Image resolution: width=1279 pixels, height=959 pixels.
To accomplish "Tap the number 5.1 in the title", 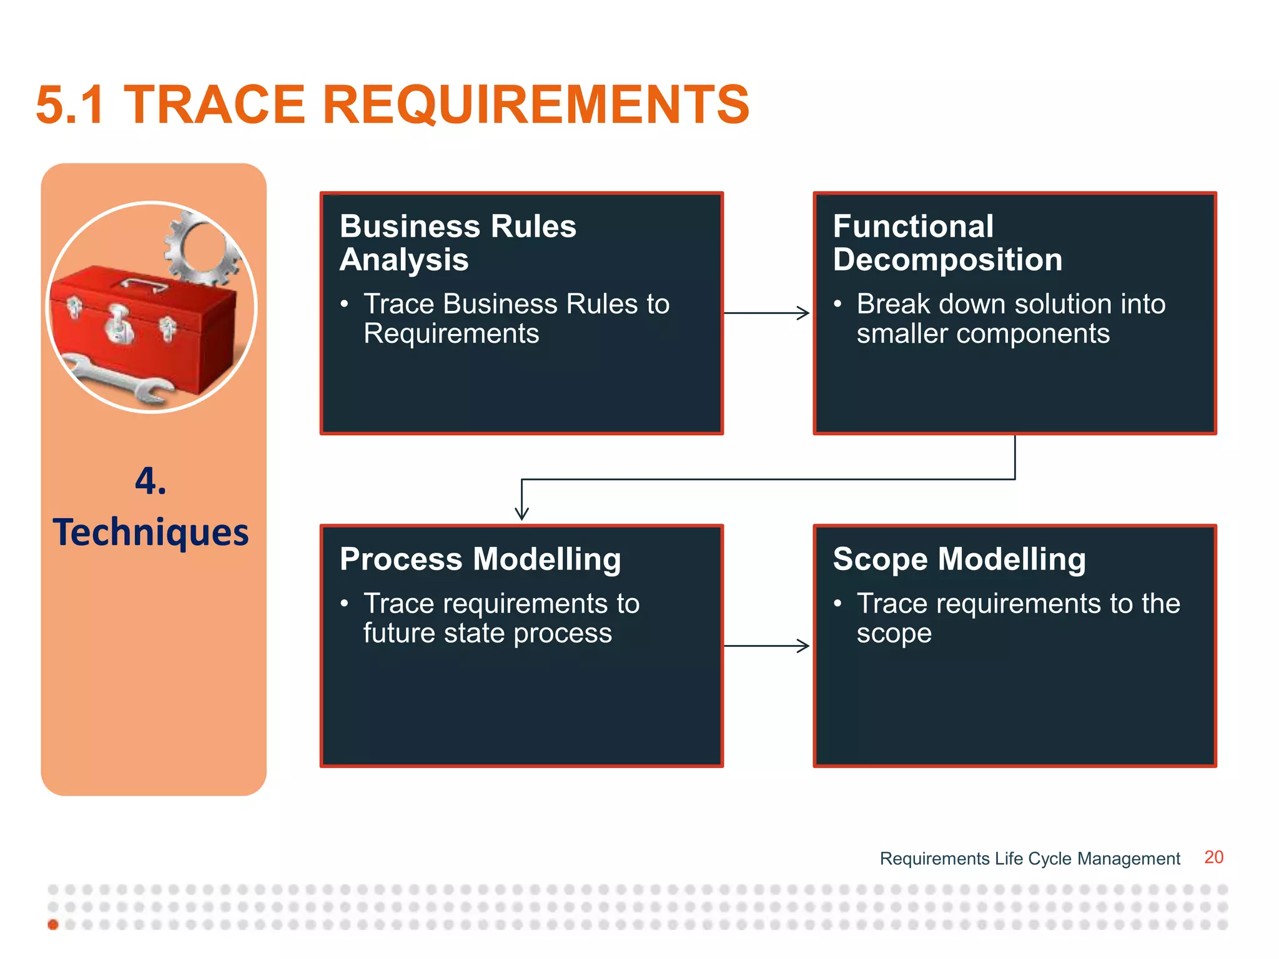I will click(70, 105).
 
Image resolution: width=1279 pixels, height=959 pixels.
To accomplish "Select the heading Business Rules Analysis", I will click(457, 243).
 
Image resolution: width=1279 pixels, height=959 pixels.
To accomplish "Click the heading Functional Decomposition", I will click(947, 243).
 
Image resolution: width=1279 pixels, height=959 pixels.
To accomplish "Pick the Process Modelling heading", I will click(480, 559).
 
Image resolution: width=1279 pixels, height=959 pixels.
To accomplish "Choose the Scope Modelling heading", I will click(959, 559).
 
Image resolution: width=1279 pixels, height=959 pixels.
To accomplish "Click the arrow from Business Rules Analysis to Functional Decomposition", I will click(767, 313).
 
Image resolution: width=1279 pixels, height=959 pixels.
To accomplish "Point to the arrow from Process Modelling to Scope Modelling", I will click(767, 646).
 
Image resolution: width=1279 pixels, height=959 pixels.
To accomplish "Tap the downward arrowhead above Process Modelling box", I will click(521, 513).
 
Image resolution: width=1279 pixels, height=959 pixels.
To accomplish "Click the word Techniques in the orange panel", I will click(151, 533).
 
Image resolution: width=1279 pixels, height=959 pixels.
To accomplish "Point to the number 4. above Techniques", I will click(151, 481).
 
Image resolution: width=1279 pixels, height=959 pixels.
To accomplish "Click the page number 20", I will click(1213, 857).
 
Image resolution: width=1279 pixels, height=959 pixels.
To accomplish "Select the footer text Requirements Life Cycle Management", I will click(1029, 858).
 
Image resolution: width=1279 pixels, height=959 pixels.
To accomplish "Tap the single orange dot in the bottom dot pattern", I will click(53, 924).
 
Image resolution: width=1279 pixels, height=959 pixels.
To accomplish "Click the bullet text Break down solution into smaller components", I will click(1010, 318).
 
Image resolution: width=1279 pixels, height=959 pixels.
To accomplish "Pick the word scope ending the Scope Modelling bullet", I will click(894, 634).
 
